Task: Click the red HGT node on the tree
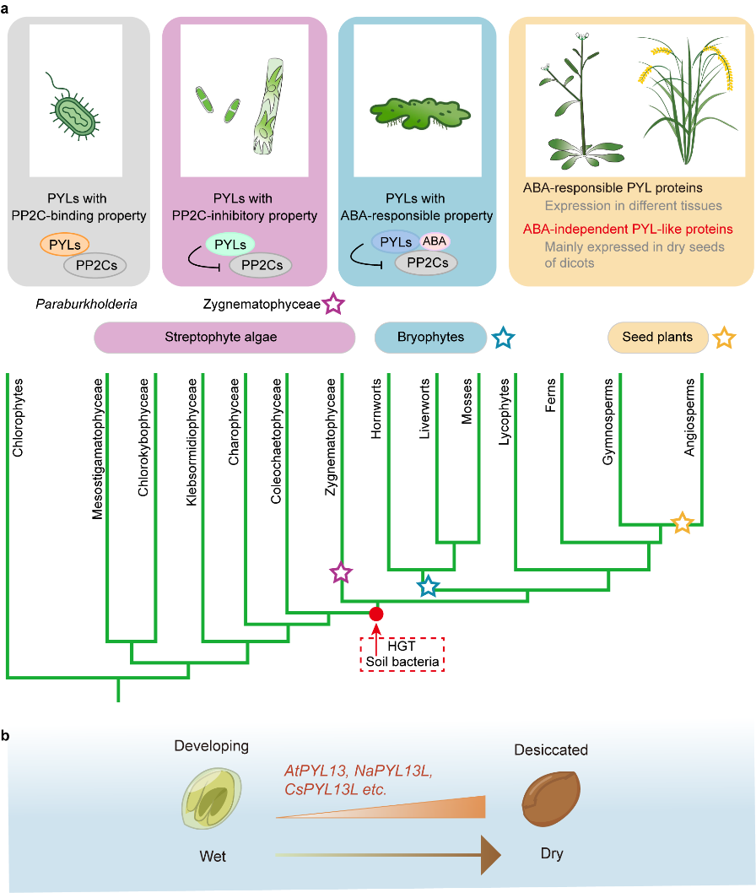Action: (376, 614)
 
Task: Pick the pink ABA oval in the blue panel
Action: (436, 242)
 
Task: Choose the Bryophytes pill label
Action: (430, 338)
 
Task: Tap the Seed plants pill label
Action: (657, 338)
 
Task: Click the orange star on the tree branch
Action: (683, 523)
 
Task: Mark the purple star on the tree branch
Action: (340, 574)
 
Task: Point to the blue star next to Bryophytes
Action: (504, 338)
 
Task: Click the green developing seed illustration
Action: (208, 799)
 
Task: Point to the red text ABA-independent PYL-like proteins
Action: (626, 229)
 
